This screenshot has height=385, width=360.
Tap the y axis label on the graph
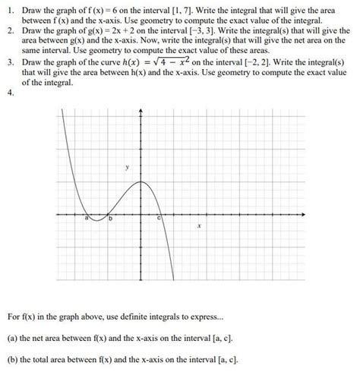128,166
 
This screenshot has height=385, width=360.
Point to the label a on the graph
87,219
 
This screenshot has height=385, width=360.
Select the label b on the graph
110,219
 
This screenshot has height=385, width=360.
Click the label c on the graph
159,219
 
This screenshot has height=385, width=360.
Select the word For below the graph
14,316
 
